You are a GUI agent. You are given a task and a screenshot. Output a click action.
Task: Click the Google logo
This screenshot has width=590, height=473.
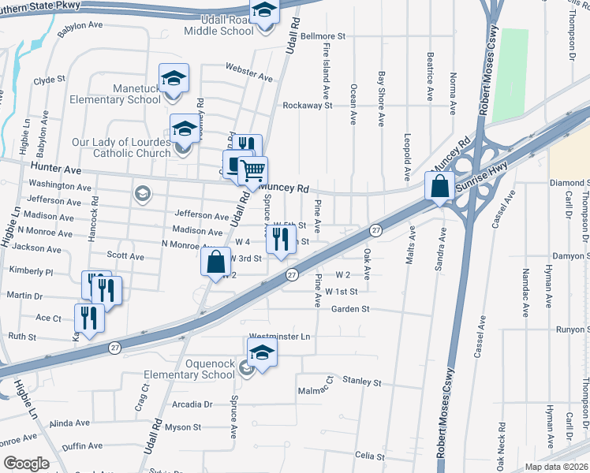(26, 464)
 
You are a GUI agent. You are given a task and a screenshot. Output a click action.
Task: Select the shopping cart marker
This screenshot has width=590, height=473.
(252, 170)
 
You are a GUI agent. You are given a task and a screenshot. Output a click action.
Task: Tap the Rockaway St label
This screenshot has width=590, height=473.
(308, 105)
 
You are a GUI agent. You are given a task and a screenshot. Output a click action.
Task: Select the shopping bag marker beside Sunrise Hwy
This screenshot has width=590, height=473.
(439, 186)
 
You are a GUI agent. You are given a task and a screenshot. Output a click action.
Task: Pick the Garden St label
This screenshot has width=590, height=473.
(350, 310)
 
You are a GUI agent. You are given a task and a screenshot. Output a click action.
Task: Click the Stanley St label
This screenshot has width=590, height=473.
(362, 382)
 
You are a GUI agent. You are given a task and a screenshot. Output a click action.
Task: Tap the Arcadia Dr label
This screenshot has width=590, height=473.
(192, 404)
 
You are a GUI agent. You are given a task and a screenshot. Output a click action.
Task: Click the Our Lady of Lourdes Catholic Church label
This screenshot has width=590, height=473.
(121, 147)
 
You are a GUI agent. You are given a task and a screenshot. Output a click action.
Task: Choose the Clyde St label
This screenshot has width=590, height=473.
(49, 80)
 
